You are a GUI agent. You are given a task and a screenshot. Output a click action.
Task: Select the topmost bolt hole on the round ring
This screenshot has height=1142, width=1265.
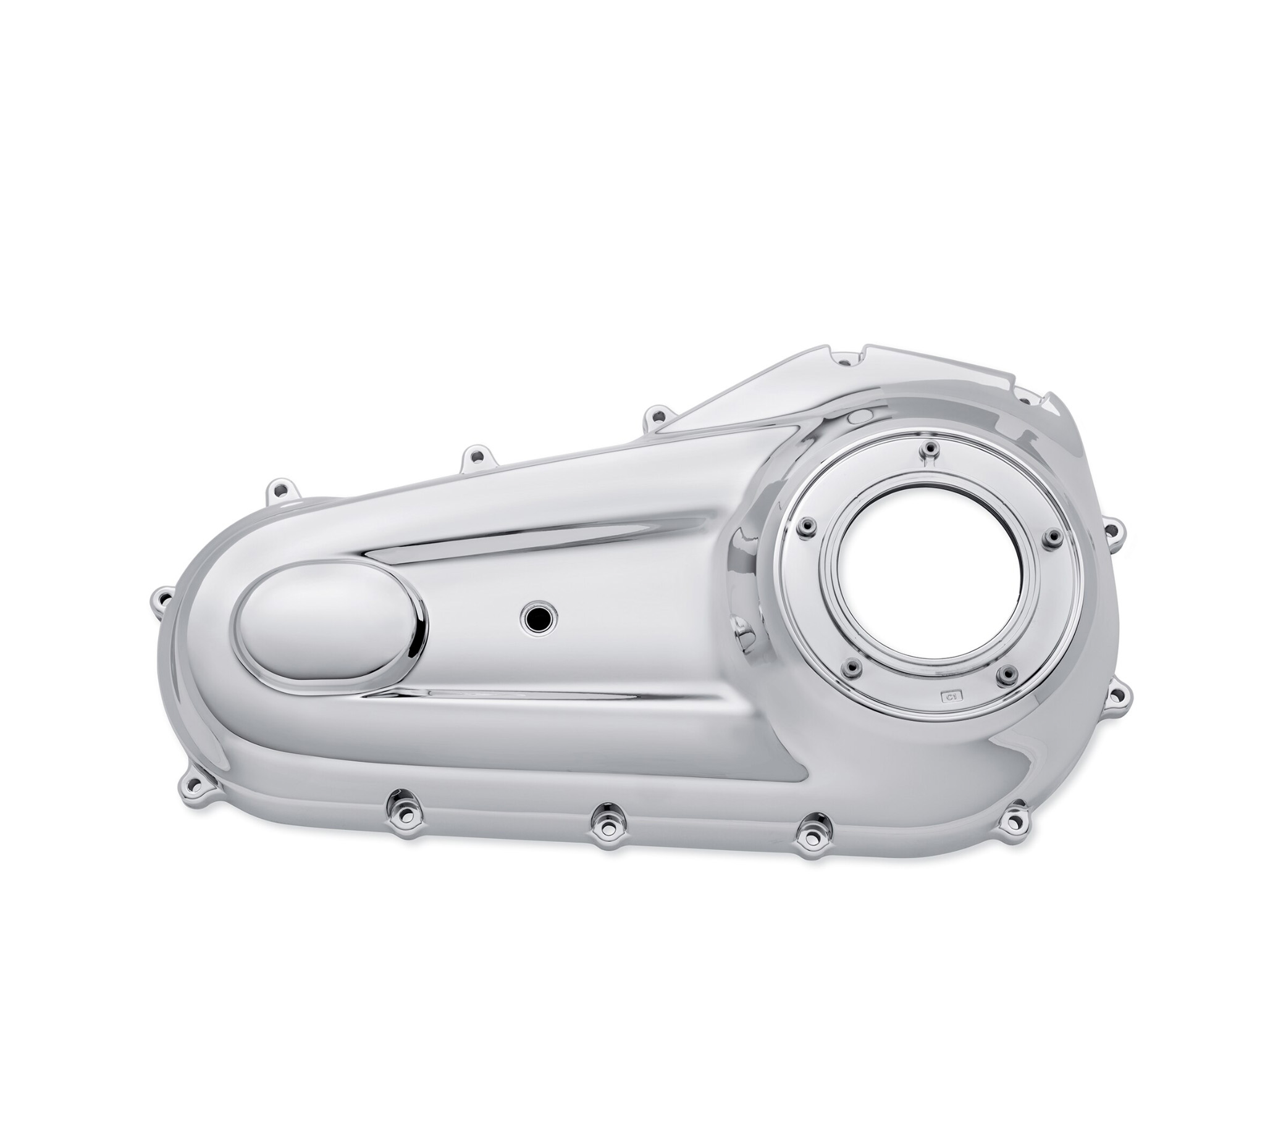[930, 449]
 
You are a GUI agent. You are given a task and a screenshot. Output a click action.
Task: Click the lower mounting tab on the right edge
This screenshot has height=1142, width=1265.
[1117, 694]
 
